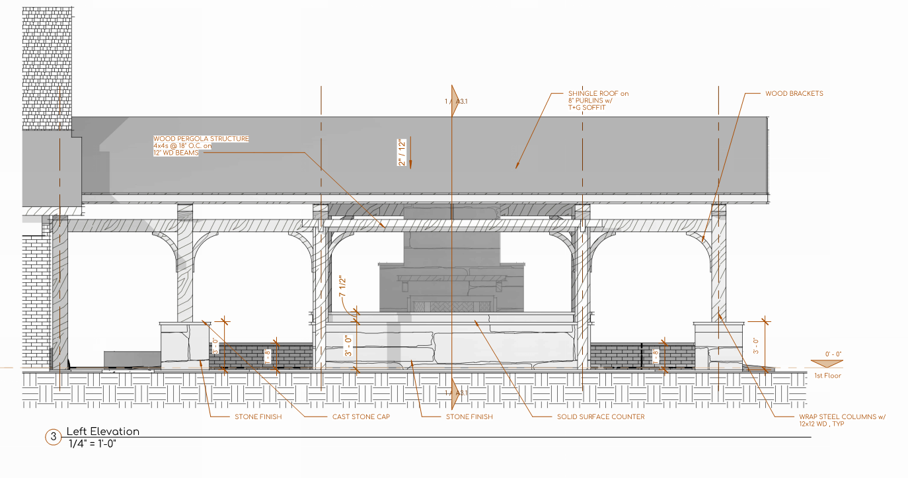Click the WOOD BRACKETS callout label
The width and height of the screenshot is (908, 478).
point(794,94)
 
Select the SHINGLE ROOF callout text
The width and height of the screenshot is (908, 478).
point(597,100)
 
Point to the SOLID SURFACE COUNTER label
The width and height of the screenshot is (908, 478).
point(601,417)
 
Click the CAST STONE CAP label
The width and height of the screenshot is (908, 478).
point(361,417)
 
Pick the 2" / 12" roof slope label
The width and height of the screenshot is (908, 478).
point(400,152)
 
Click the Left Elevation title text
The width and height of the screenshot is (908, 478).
point(103,432)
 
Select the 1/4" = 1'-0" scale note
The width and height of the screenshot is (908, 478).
point(93,443)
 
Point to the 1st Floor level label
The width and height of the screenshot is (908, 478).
point(827,376)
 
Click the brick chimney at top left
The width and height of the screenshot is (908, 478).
point(46,66)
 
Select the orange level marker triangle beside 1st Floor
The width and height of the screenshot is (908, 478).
point(825,363)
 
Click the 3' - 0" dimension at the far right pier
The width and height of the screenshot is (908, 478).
point(757,345)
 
